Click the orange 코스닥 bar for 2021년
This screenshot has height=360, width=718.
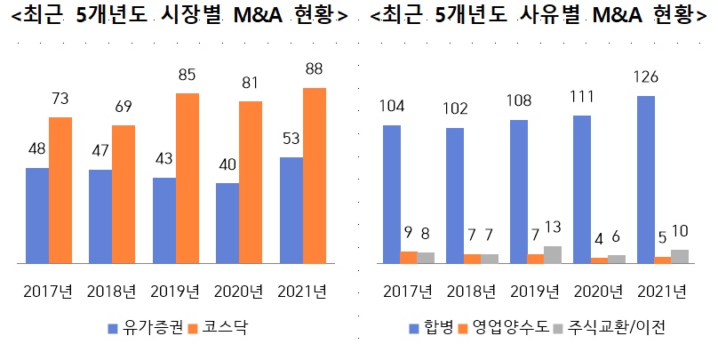pyautogui.click(x=315, y=176)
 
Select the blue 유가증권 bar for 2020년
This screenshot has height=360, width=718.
pyautogui.click(x=227, y=223)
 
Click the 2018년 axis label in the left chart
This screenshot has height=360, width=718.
pyautogui.click(x=111, y=292)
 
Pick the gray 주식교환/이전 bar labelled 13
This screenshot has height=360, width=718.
pyautogui.click(x=553, y=255)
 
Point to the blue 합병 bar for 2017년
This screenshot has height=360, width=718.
pyautogui.click(x=392, y=195)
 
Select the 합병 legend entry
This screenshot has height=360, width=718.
pyautogui.click(x=431, y=328)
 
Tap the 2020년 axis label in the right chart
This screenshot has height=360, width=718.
pyautogui.click(x=598, y=292)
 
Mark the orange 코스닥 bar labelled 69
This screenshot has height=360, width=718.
pyautogui.click(x=124, y=195)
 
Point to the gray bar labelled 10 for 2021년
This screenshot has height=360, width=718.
pyautogui.click(x=680, y=257)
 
